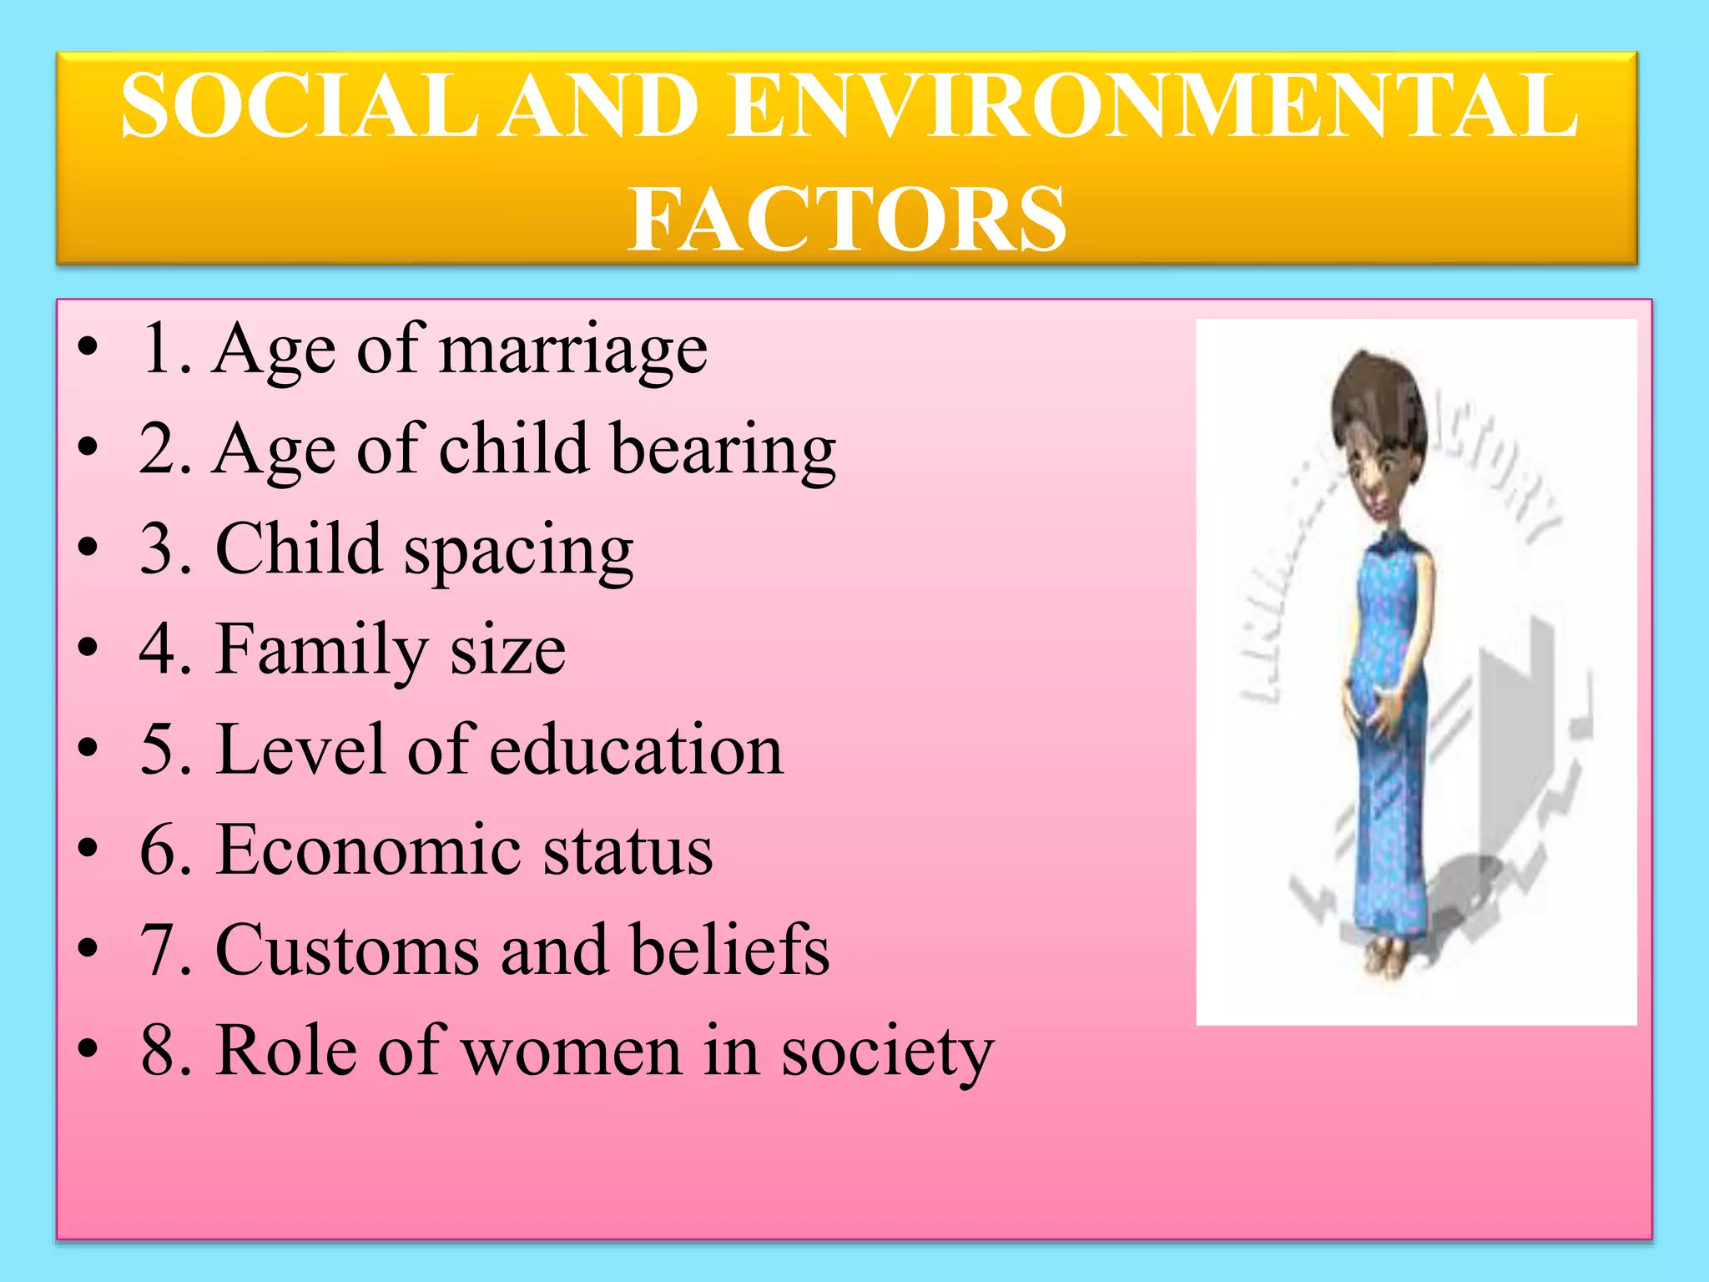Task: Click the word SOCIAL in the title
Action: point(300,106)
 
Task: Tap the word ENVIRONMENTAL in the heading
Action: point(1152,106)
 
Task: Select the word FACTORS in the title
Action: point(846,219)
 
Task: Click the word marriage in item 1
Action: point(573,351)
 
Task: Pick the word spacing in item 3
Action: point(519,551)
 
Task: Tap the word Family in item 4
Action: point(322,651)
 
